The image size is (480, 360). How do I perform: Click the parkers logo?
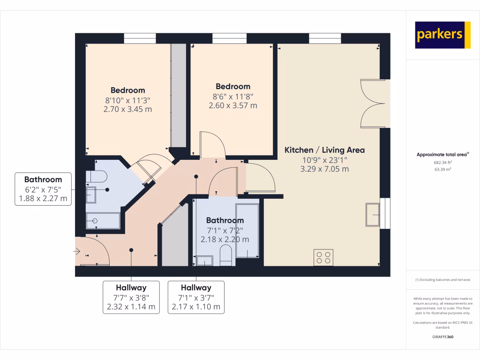pos(442,35)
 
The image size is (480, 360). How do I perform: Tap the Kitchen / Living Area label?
pos(324,150)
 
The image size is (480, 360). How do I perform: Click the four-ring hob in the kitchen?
pos(323,257)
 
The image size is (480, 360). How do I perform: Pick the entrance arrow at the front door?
pos(77,252)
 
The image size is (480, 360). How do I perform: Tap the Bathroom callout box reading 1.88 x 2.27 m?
pos(43,189)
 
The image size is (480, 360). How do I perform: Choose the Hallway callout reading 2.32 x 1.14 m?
pos(131,297)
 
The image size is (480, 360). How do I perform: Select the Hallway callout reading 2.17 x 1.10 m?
pos(196,297)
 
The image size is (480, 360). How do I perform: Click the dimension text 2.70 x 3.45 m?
pos(128,109)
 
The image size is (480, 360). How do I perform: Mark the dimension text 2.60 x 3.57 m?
pos(233,105)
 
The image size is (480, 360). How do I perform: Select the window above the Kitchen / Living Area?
pos(325,38)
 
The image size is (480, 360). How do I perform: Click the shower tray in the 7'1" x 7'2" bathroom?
pos(247,230)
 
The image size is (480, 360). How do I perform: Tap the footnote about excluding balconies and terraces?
pos(443,280)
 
